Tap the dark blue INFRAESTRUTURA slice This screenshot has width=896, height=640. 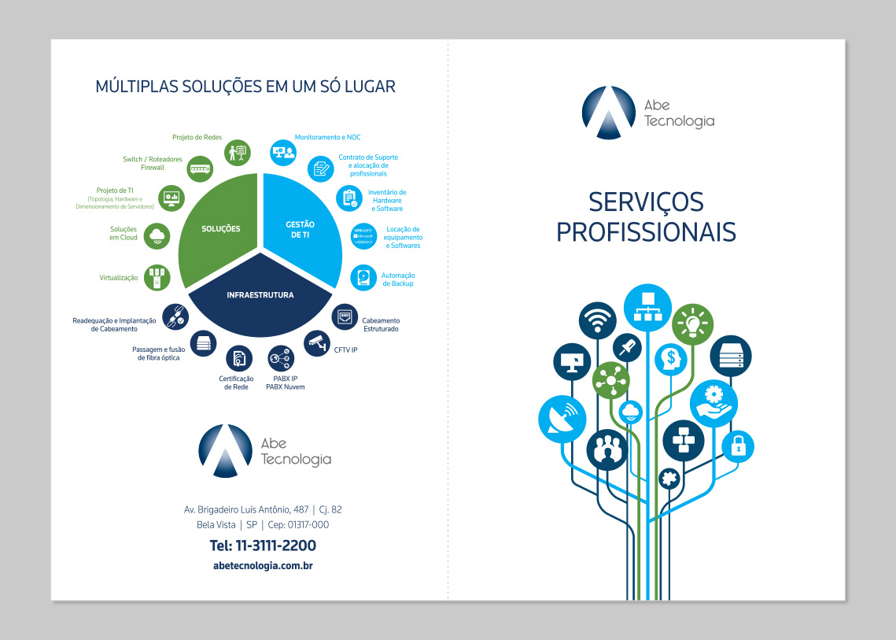(x=260, y=296)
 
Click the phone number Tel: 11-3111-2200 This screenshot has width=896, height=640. (x=263, y=546)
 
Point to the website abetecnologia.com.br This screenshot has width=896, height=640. (x=263, y=565)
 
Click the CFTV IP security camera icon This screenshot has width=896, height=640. (x=316, y=342)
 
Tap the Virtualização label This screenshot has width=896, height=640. (x=119, y=278)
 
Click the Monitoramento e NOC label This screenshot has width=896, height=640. (x=327, y=137)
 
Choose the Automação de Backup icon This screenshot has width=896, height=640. (x=363, y=277)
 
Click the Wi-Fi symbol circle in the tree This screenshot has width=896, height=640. (x=597, y=320)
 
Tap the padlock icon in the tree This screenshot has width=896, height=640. (x=738, y=446)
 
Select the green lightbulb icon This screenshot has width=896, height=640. (x=693, y=323)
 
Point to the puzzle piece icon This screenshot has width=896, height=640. (x=668, y=477)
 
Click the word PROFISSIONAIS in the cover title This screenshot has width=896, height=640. (x=646, y=231)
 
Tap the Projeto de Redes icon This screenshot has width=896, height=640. (x=237, y=151)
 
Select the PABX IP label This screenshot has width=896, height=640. (x=285, y=379)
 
